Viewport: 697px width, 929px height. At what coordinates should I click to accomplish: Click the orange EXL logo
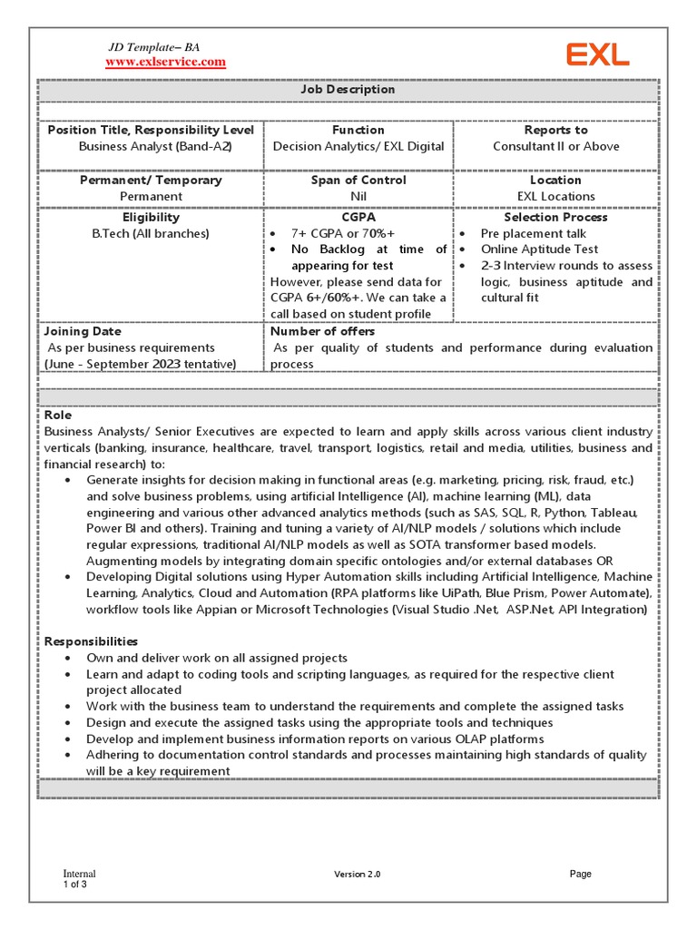(x=598, y=55)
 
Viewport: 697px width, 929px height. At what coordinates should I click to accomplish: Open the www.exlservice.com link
(x=165, y=62)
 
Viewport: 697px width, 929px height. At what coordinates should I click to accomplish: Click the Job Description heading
(x=348, y=90)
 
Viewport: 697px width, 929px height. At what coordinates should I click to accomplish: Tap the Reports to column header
(x=555, y=130)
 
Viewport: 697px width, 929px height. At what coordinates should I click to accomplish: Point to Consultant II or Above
(x=555, y=146)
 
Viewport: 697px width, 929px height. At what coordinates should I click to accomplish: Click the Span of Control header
(x=358, y=180)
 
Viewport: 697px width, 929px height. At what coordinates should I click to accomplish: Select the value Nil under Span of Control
(x=358, y=196)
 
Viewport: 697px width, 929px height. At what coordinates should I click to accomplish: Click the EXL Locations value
(x=555, y=196)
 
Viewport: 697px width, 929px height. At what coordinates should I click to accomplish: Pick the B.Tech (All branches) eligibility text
(x=150, y=233)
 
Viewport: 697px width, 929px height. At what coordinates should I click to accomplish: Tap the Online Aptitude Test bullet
(x=539, y=249)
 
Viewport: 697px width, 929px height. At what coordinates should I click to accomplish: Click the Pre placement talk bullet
(x=533, y=233)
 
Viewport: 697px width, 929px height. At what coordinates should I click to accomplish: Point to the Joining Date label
(x=82, y=331)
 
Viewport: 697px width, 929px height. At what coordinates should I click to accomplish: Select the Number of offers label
(x=322, y=331)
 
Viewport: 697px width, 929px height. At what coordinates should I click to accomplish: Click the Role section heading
(x=57, y=415)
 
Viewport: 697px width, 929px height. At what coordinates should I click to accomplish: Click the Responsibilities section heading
(x=91, y=641)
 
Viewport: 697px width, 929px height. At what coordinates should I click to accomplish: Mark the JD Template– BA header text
(x=153, y=46)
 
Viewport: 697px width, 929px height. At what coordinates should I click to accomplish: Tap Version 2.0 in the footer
(x=357, y=874)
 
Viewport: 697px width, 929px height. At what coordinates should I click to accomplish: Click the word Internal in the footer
(x=79, y=874)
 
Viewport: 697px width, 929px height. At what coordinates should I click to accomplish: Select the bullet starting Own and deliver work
(x=216, y=658)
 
